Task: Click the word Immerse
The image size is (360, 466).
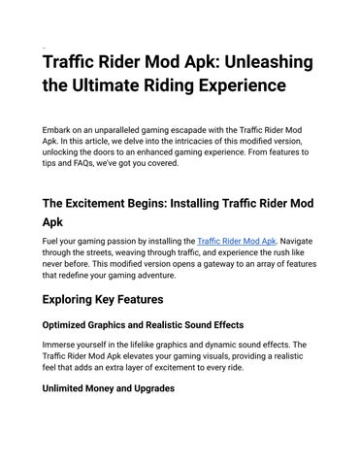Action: point(63,345)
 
